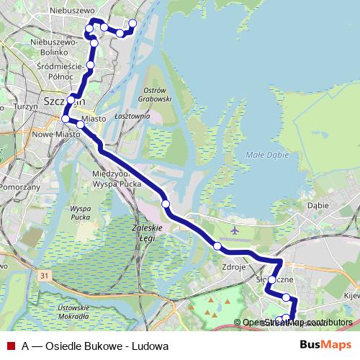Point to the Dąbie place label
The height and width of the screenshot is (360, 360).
(x=318, y=205)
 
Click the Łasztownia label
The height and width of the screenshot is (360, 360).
(x=132, y=115)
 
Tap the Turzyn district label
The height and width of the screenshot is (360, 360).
(x=24, y=106)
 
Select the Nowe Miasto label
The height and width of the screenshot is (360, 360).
(x=56, y=134)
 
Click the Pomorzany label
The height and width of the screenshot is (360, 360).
(x=19, y=186)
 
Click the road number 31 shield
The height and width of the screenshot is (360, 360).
(x=46, y=275)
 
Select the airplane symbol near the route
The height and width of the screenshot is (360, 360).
(x=235, y=230)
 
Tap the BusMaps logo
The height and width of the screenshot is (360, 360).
(x=325, y=345)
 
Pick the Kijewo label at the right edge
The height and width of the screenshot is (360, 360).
(x=353, y=295)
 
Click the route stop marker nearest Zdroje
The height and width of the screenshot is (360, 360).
(x=217, y=247)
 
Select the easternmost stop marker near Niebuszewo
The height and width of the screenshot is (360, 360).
(x=132, y=24)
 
